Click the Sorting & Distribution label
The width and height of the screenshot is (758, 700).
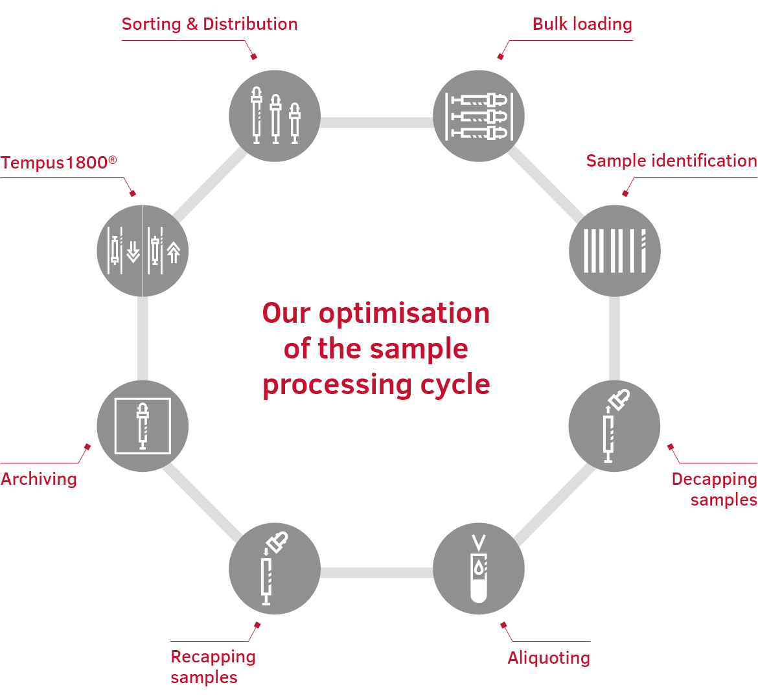coord(209,25)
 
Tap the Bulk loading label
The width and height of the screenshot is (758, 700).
coord(582,25)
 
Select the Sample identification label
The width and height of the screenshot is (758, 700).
coord(671,161)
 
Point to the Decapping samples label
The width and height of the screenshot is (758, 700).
coord(714,489)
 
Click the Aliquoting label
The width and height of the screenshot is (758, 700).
coord(549,658)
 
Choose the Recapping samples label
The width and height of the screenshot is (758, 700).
coord(212,666)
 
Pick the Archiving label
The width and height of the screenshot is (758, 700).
coord(39,479)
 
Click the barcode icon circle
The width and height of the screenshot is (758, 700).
coord(614,251)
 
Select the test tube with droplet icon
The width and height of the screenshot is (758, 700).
coord(479,569)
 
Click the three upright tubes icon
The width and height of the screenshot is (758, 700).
coord(275,116)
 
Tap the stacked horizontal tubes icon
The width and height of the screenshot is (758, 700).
coord(479,116)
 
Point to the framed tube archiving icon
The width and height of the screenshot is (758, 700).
coord(143,426)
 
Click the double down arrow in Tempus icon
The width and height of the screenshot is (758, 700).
coord(133,251)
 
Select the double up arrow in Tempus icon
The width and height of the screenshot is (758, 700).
coord(173,251)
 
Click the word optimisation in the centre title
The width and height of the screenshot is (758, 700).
coord(404,314)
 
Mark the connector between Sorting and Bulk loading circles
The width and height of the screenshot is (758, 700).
coord(376,122)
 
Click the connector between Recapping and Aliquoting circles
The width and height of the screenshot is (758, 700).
coord(376,572)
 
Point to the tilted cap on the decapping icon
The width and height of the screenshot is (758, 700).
coord(620,398)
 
